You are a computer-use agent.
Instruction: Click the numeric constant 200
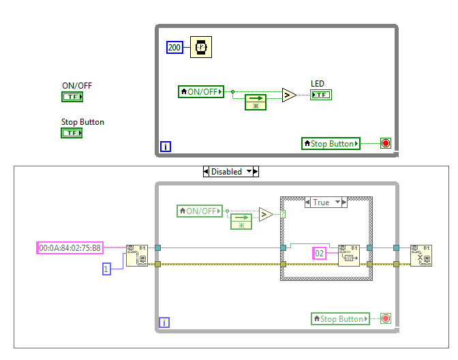tap(174, 47)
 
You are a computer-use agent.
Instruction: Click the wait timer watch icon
tap(200, 47)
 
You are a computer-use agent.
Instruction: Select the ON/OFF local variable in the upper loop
tap(201, 91)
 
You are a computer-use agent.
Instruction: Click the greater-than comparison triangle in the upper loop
tap(290, 95)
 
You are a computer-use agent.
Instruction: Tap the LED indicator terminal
tap(321, 95)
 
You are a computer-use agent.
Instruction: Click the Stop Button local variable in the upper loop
tap(331, 144)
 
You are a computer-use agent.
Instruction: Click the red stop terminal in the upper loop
tap(386, 144)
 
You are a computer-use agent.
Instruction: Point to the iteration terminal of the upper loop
tap(165, 146)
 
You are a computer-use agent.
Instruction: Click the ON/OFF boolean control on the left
tap(72, 97)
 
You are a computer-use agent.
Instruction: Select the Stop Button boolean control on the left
tap(72, 133)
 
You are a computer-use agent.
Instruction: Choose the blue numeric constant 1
tap(106, 269)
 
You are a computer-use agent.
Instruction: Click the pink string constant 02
tap(319, 253)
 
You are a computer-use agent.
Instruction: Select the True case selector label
tap(321, 202)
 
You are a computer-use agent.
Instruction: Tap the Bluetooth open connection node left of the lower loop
tap(136, 255)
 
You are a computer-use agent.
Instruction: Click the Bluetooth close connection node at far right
tap(421, 255)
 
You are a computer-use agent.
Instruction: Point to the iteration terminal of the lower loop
tap(164, 322)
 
